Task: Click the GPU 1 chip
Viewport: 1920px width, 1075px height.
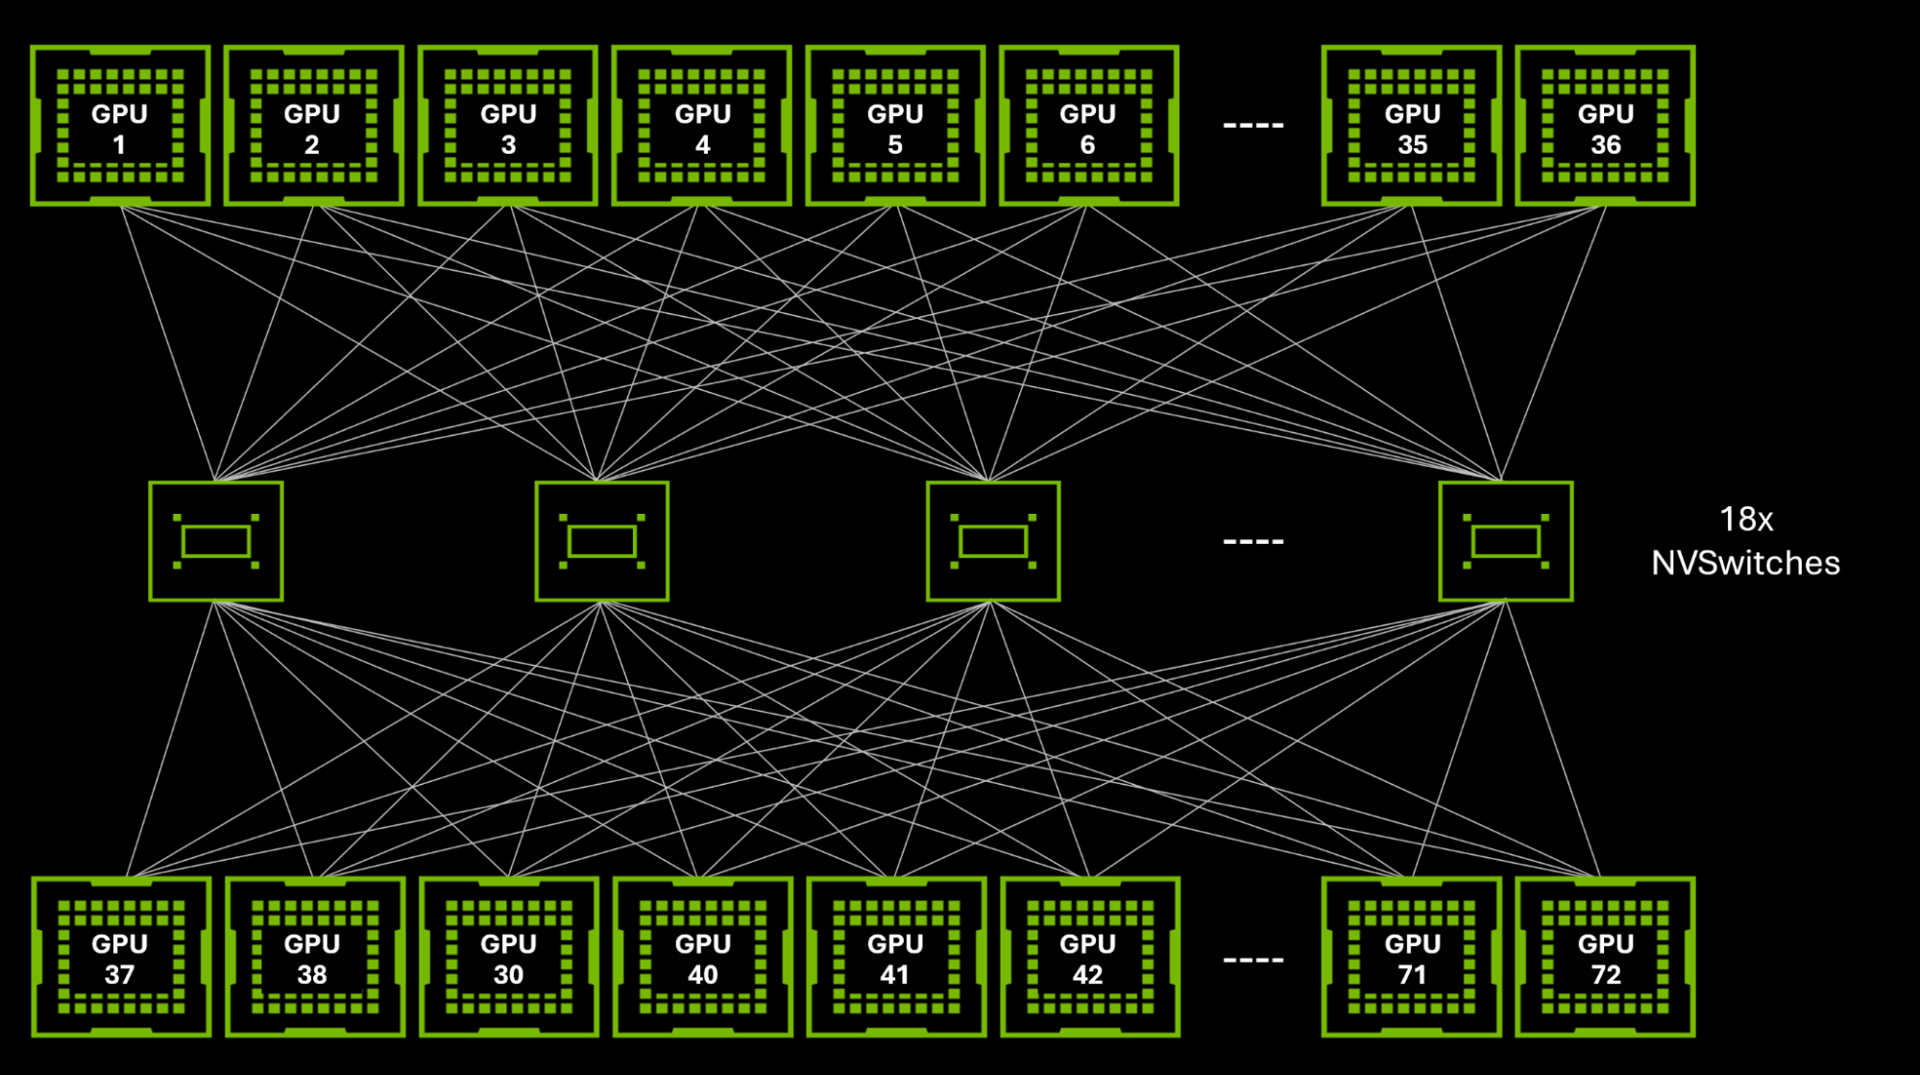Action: pos(120,126)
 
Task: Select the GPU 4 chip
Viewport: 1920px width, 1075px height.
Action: pos(702,126)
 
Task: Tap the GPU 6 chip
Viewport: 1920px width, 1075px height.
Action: pos(1088,126)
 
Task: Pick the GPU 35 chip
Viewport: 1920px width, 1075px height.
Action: pos(1411,126)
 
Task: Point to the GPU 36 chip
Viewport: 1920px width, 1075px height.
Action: pos(1605,126)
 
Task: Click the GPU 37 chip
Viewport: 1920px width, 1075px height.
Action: pos(121,957)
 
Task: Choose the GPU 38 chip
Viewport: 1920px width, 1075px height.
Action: pos(314,957)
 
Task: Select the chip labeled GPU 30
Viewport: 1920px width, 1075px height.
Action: pos(509,957)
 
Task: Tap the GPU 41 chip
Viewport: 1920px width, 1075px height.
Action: pos(896,957)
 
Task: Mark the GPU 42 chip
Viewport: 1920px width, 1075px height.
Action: pos(1089,957)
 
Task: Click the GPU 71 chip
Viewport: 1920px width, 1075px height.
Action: pos(1411,957)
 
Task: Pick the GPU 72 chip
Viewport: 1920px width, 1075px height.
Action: pos(1605,957)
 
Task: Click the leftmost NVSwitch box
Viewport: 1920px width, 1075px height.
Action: pos(216,542)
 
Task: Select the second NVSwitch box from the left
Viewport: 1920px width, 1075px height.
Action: pos(601,542)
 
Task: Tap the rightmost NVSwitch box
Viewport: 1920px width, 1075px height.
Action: pos(1505,542)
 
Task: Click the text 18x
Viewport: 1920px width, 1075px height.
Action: pos(1745,520)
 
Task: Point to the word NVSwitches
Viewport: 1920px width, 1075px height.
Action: pos(1745,563)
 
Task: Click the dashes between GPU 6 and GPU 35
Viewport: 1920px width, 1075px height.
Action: pos(1252,126)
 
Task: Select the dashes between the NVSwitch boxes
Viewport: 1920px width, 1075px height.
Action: pos(1252,542)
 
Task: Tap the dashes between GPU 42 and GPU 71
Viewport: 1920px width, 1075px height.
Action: pos(1252,960)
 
